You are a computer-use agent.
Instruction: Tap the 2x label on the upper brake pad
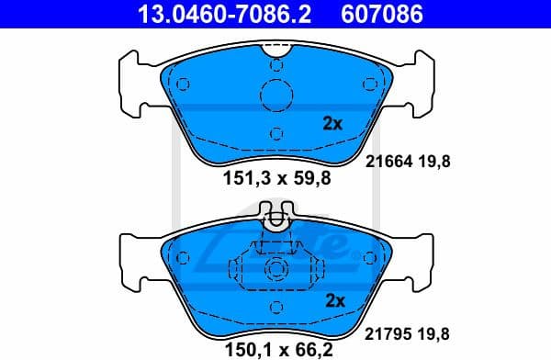pos(332,123)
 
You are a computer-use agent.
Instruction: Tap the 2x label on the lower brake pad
pos(333,299)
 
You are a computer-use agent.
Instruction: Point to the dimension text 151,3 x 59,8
pos(276,179)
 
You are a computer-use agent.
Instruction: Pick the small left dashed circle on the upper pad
pos(183,84)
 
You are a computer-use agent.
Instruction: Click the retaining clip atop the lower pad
pos(275,220)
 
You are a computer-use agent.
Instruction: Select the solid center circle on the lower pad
pos(275,271)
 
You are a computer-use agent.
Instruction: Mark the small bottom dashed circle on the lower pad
pos(275,309)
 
